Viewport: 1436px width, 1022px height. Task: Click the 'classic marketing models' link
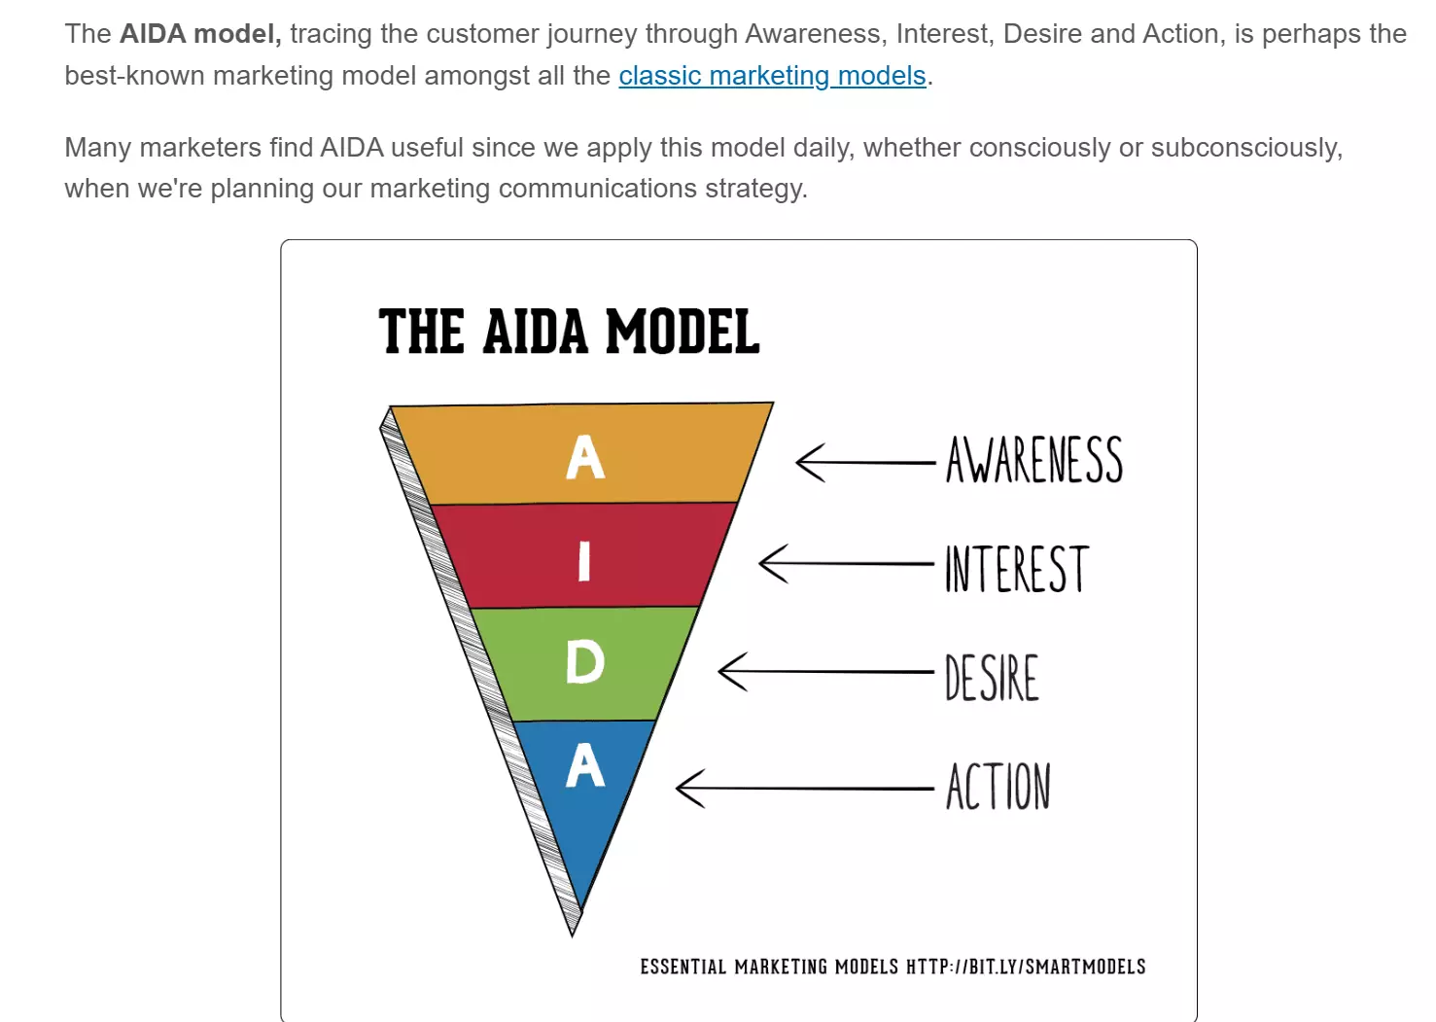[x=772, y=76]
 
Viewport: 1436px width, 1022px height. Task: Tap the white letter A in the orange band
[x=584, y=456]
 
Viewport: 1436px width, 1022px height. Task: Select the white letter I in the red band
[x=584, y=561]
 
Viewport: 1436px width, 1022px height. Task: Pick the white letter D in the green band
[x=584, y=662]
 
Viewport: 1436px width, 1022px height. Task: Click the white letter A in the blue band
[x=584, y=764]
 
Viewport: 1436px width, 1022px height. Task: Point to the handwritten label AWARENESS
[x=1034, y=459]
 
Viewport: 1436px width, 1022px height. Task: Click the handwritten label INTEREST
[x=1017, y=569]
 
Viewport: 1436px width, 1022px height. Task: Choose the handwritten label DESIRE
[x=991, y=678]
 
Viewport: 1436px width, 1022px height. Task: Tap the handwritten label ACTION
[x=998, y=786]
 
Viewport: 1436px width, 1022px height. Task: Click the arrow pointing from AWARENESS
[x=865, y=462]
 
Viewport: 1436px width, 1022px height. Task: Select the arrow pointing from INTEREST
[x=846, y=564]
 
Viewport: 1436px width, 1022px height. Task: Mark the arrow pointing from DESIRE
[x=825, y=672]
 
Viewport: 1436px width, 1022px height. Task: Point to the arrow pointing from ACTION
[x=805, y=788]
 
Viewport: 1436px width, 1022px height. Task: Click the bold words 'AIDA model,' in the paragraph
[x=200, y=34]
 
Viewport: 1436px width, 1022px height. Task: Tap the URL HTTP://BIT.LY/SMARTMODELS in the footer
[x=1026, y=967]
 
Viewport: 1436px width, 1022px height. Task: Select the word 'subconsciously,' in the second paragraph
[x=1246, y=148]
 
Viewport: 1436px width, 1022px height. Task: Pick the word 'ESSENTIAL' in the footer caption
[x=683, y=967]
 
